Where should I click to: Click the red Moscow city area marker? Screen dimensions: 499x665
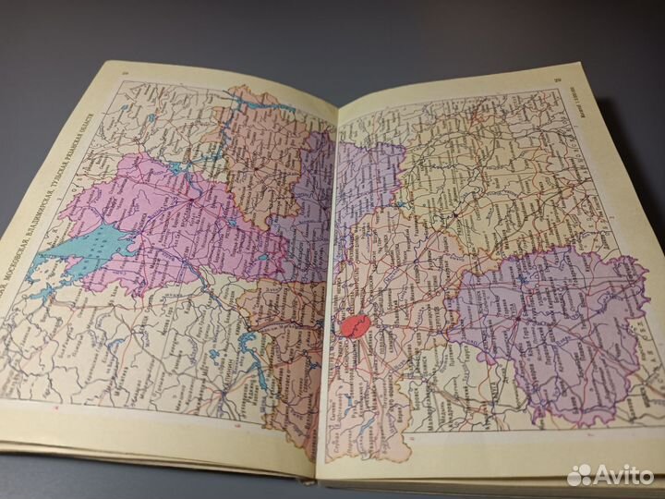tap(356, 325)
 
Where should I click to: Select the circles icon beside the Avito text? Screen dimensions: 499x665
tap(580, 475)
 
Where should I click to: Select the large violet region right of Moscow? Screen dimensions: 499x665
tap(545, 323)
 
